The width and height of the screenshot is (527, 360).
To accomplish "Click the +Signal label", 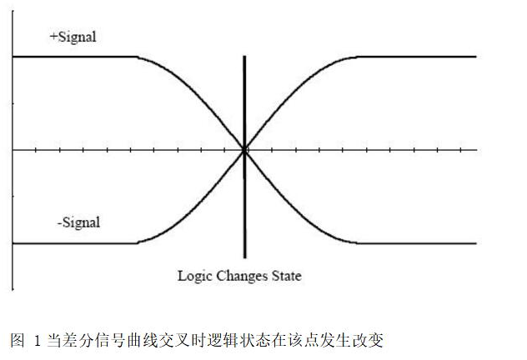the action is tap(73, 37).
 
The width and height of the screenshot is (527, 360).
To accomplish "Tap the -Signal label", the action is tap(78, 222).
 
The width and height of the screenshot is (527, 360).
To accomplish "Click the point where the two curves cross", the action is tap(244, 150).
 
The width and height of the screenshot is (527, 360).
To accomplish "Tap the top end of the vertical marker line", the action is tap(244, 57).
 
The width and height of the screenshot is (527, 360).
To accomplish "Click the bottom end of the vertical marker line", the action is tap(244, 257).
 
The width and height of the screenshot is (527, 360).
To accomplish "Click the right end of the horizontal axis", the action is tap(476, 150).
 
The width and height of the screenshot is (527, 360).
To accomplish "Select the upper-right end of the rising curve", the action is tap(475, 57).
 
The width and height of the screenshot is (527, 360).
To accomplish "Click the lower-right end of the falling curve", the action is tap(475, 243).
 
